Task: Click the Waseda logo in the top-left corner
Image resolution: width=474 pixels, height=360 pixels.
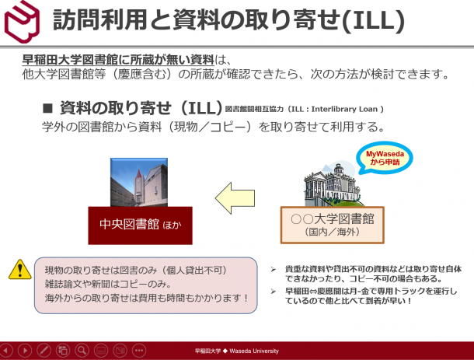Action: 22,22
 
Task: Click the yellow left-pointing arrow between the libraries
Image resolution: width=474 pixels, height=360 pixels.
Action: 235,198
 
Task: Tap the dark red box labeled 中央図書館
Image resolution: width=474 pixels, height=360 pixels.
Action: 141,225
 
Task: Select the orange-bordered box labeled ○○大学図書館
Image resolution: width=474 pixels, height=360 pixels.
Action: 333,225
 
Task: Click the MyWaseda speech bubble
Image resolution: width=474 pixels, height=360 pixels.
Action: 385,158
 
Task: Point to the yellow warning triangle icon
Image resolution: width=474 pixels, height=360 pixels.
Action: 20,270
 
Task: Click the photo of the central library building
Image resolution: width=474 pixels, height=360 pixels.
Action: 139,182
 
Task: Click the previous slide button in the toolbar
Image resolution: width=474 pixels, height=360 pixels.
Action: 6,351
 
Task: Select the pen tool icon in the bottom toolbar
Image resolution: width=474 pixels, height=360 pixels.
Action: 44,351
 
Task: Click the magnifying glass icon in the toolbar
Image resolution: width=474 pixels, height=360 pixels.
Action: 82,351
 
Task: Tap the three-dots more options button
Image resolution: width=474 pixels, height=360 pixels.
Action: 139,351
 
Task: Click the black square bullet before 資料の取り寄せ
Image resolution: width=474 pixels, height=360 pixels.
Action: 47,108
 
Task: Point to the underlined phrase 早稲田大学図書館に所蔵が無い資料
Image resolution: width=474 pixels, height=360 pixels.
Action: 118,60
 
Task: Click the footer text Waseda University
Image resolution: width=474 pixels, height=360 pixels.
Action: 254,351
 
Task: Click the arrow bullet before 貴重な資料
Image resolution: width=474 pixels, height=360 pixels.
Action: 274,269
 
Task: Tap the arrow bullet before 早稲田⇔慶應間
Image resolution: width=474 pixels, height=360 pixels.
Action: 274,292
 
